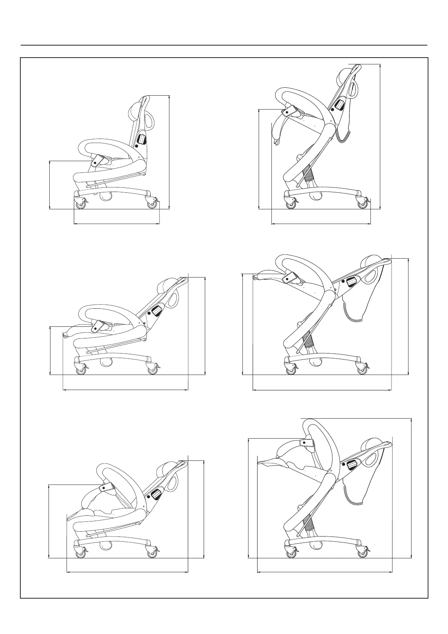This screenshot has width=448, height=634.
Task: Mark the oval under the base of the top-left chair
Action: click(x=106, y=196)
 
